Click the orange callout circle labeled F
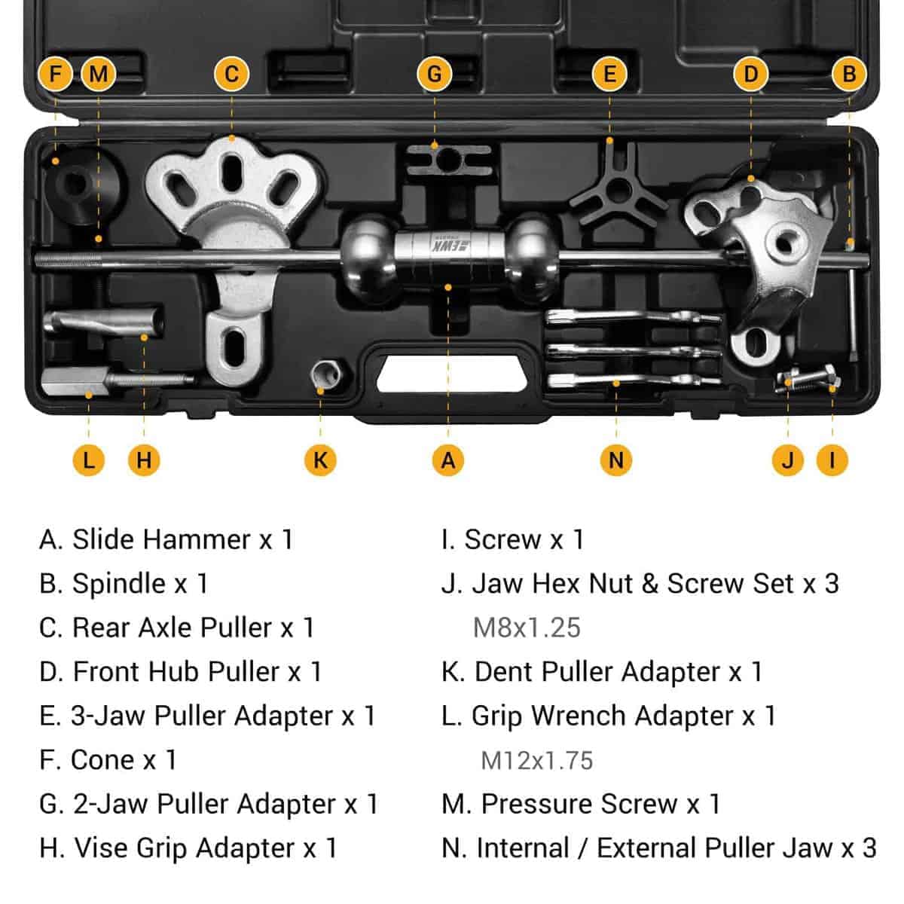(55, 74)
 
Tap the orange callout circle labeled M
(98, 74)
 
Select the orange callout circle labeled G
(435, 74)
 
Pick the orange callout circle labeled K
(320, 460)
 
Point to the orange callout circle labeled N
(616, 460)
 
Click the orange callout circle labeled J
(788, 460)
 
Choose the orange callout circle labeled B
(849, 74)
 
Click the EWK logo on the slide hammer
(448, 246)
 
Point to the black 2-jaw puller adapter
(449, 160)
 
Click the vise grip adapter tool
(104, 322)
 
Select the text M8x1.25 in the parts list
(527, 628)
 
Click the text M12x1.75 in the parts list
(536, 760)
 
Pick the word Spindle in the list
(119, 585)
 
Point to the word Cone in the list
(102, 760)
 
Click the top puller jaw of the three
(634, 318)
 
